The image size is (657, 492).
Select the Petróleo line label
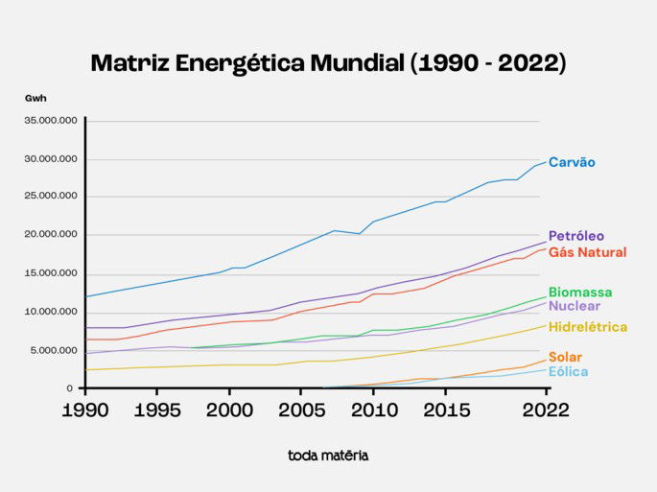[x=575, y=236]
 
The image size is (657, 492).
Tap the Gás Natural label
[x=587, y=252]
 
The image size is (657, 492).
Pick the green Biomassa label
[x=579, y=292]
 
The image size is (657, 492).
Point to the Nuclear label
[x=574, y=306]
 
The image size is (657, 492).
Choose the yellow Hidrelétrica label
[x=587, y=327]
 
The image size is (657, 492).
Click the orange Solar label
[x=565, y=357]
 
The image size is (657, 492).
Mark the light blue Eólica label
[x=568, y=371]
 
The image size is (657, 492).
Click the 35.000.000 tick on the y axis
[x=50, y=121]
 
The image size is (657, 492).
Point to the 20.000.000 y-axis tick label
[x=50, y=235]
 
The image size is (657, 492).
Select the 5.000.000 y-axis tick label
[x=53, y=350]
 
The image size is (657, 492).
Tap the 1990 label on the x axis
[x=85, y=410]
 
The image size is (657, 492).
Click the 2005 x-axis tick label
[x=301, y=410]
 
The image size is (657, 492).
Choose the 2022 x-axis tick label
[x=546, y=410]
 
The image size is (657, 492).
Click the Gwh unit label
[x=35, y=98]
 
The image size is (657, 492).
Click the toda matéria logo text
[x=328, y=456]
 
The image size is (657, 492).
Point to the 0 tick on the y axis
[x=70, y=388]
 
